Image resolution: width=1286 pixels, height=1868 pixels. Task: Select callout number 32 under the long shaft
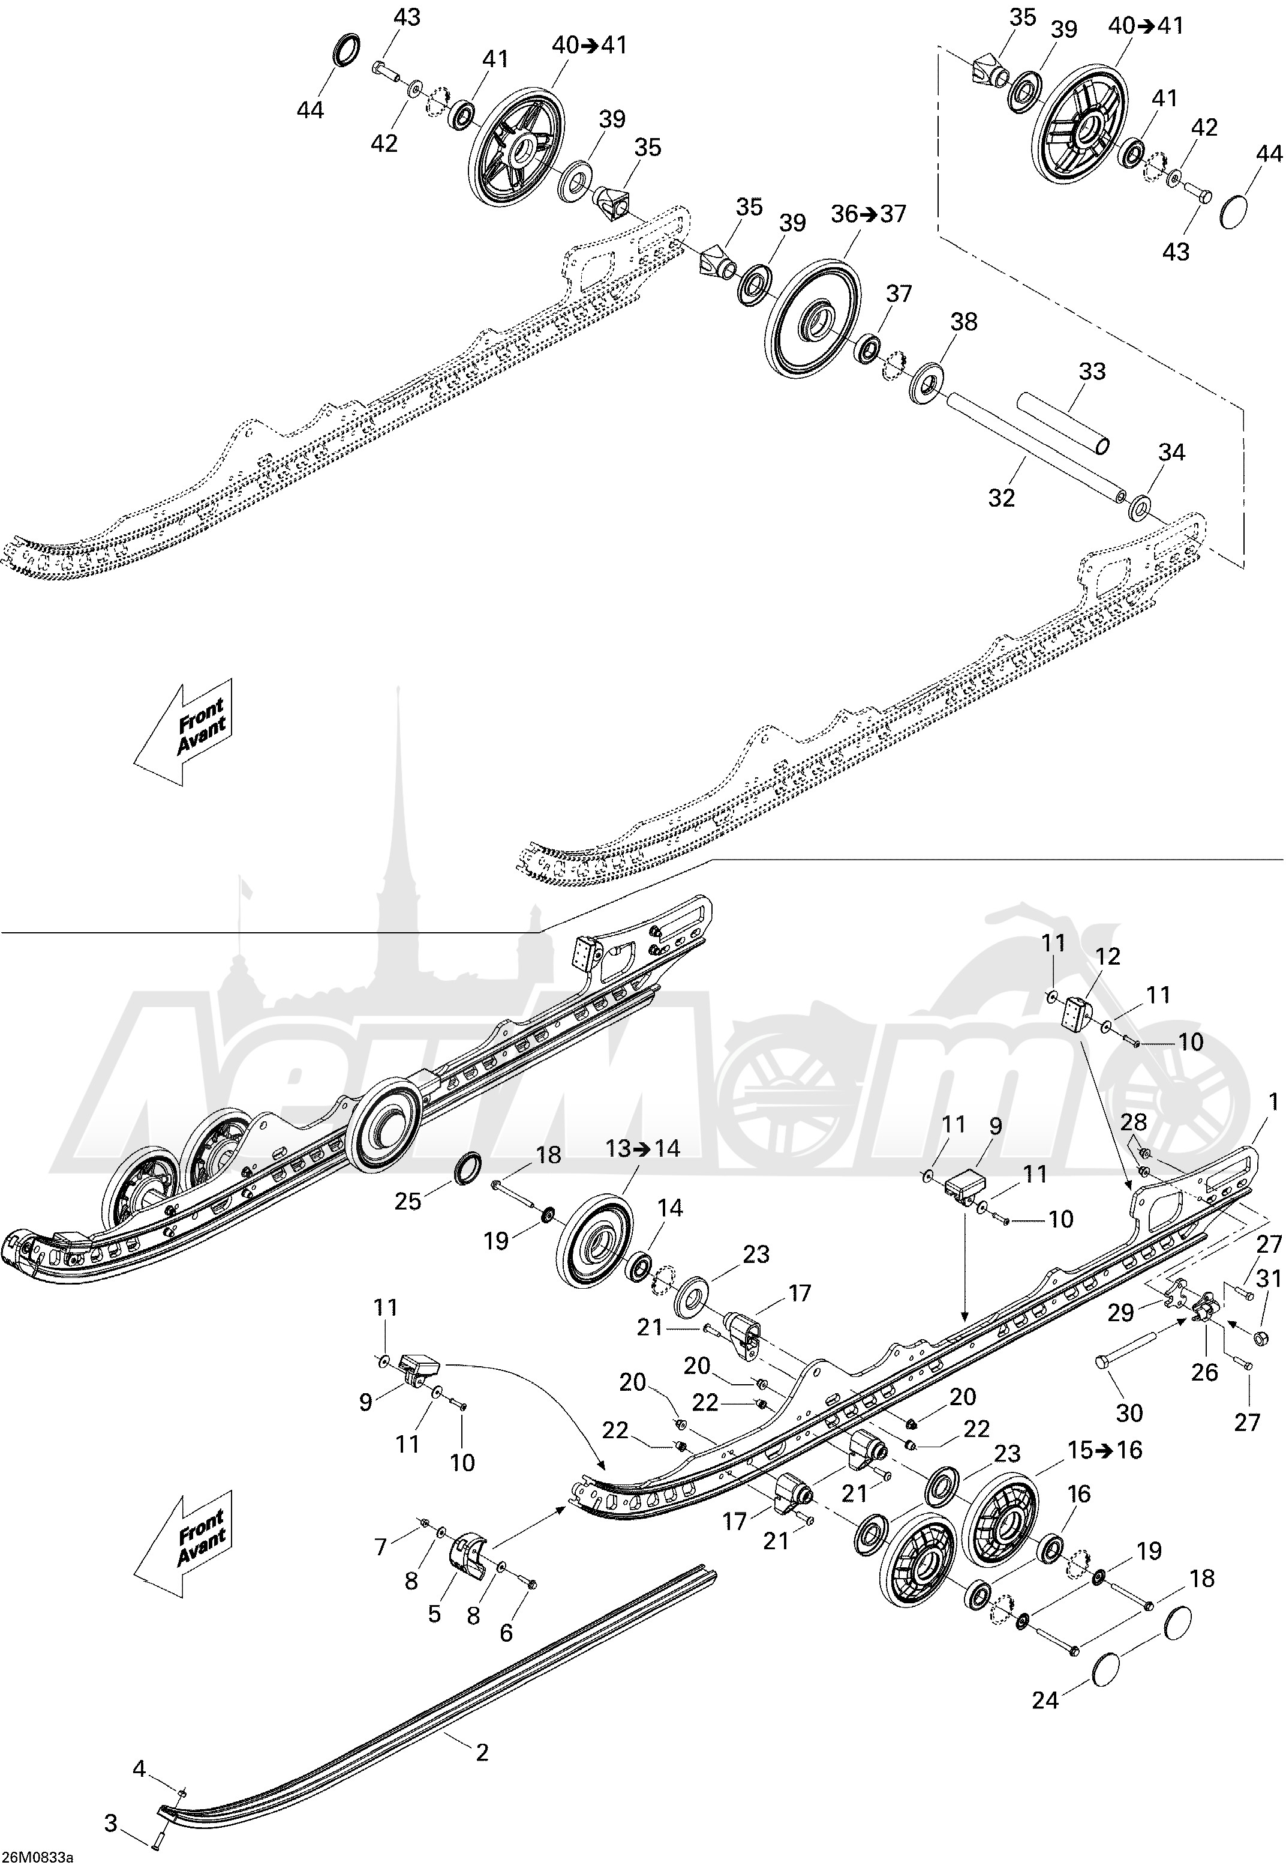click(x=1002, y=498)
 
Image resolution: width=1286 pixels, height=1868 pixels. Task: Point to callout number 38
click(x=964, y=322)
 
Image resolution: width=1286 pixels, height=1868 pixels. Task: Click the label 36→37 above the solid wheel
click(x=869, y=214)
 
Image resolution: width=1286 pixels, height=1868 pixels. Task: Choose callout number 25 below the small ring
click(x=408, y=1201)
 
